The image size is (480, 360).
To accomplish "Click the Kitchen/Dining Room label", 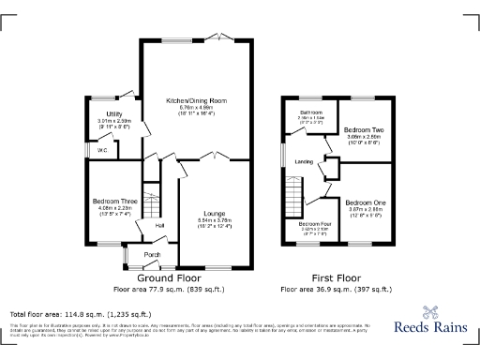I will pos(197,100).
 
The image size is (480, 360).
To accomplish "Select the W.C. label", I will pos(100,150).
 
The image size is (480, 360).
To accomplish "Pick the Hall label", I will pos(159,225).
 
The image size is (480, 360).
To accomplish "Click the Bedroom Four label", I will pos(314,224).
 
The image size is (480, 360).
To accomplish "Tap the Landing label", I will pos(304,161).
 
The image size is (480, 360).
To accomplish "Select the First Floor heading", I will pos(337,278).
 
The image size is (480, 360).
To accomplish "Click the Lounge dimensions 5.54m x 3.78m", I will pos(217,221).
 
